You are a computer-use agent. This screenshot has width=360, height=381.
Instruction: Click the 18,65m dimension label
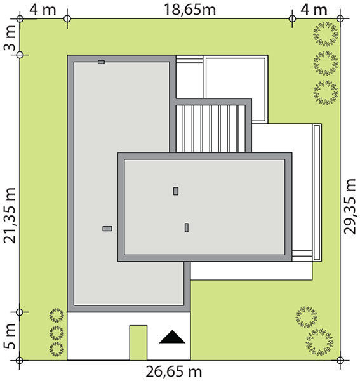[190, 10]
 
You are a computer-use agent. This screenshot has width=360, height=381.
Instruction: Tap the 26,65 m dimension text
[174, 371]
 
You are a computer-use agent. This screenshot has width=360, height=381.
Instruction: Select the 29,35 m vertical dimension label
[350, 207]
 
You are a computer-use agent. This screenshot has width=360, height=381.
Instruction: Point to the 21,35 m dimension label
[10, 215]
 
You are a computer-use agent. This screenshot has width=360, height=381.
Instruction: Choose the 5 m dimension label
[10, 337]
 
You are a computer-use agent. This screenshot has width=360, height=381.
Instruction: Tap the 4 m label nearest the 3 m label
[43, 10]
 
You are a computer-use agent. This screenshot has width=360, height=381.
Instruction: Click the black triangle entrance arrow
[172, 337]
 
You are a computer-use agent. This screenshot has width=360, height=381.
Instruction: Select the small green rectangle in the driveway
[138, 343]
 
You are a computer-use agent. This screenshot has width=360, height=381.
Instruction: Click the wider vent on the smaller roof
[176, 191]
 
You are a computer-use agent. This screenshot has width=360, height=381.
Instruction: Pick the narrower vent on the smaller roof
[187, 228]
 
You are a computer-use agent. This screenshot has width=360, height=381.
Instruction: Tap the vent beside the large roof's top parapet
[102, 62]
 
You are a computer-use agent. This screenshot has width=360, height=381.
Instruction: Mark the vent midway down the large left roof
[107, 229]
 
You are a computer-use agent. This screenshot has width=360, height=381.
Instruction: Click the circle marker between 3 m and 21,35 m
[20, 55]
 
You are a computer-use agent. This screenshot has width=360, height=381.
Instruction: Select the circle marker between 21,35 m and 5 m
[20, 312]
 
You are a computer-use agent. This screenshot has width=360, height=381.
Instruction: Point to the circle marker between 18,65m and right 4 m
[292, 18]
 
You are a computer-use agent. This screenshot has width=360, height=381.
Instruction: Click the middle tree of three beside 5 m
[57, 333]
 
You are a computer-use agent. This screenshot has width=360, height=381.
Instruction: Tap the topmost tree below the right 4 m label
[326, 34]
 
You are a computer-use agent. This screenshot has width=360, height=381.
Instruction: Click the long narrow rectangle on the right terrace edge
[317, 192]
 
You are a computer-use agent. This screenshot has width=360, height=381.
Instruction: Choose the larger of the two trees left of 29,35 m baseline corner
[319, 343]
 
